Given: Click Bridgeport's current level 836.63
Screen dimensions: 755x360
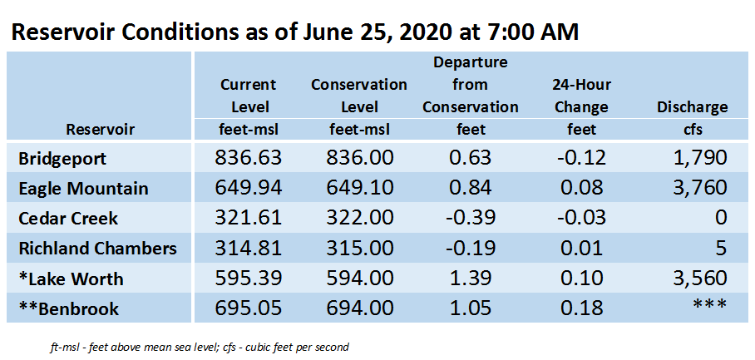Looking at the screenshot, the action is coord(248,158).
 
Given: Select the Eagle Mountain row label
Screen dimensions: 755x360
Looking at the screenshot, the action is coord(83,188).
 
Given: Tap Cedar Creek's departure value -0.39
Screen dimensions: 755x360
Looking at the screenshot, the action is coord(470,218).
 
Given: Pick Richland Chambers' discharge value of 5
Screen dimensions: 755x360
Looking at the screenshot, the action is coord(720,249).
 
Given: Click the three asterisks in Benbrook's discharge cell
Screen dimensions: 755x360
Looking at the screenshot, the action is coord(709,305).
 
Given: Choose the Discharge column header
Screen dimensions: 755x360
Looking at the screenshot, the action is coord(693,107).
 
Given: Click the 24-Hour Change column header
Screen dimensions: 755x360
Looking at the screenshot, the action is coord(582,96).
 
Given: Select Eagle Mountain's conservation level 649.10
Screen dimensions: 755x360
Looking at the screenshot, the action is coord(359,188).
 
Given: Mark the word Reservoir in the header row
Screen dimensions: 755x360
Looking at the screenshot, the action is coord(100,130).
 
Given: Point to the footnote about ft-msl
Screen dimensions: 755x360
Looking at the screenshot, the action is coord(200,347).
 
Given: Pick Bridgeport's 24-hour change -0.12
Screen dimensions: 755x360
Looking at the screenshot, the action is coord(582,158).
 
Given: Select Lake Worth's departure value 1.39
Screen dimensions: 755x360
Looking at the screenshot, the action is coord(470,279).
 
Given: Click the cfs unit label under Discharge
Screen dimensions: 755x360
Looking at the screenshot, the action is coord(693,130).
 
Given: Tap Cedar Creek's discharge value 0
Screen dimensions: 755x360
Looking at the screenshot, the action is coord(721,218).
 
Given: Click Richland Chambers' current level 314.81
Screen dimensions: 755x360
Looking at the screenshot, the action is coord(248,249).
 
